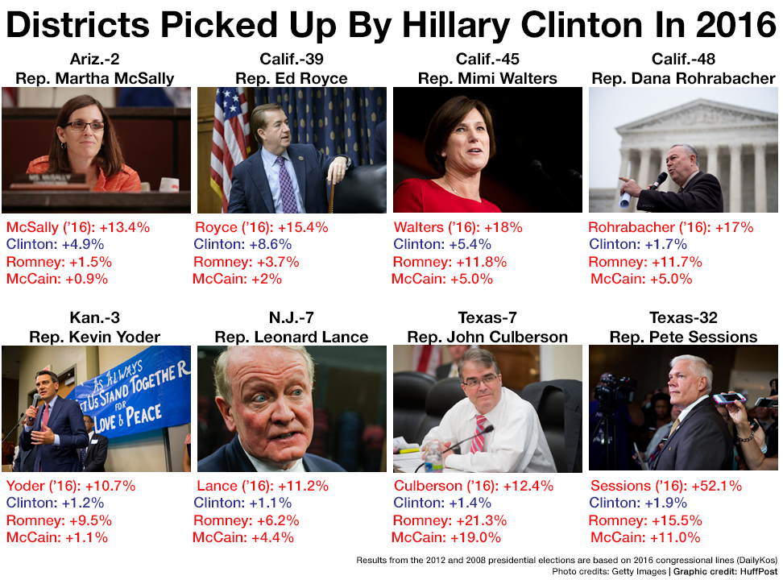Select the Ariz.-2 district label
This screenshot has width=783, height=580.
[95, 60]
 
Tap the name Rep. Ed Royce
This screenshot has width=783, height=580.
[292, 78]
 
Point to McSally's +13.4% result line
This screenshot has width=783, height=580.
[78, 227]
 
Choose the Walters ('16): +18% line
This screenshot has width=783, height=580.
[458, 227]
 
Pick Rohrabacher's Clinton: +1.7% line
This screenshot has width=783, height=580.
[637, 244]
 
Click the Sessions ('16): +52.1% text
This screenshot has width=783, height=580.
[666, 486]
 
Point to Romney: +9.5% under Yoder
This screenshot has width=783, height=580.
[59, 520]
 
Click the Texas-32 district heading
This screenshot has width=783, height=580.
[683, 318]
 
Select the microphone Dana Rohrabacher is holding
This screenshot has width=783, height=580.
[659, 180]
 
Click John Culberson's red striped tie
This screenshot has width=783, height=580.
[480, 431]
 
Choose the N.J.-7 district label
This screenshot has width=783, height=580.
[292, 318]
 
